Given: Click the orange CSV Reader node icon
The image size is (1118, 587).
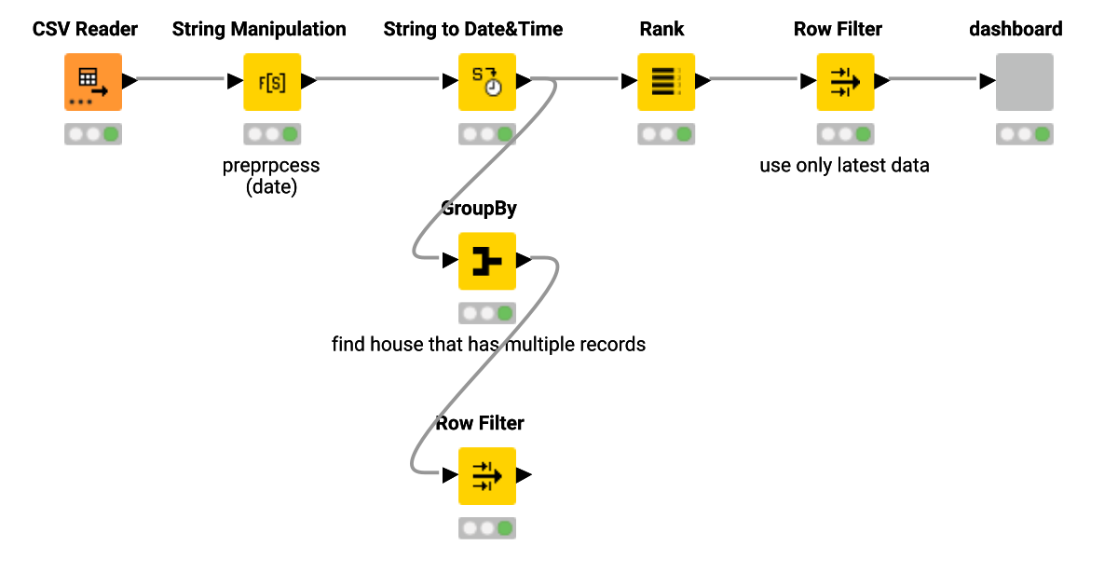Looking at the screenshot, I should (92, 82).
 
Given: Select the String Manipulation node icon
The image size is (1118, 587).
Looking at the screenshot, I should (272, 82).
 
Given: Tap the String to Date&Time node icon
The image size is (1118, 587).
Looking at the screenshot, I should (486, 82).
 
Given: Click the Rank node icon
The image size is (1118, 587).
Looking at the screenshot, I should (666, 82).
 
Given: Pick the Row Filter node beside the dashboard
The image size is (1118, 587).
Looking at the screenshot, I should (845, 82).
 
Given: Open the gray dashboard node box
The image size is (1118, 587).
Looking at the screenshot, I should (1024, 82).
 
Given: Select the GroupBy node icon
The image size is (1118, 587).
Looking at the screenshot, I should (486, 261).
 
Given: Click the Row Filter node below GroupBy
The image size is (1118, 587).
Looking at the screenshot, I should (486, 475).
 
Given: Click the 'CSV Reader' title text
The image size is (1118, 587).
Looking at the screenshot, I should (85, 29).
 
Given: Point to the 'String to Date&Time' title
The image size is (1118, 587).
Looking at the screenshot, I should (473, 29).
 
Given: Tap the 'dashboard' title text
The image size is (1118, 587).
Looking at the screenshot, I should (1016, 29).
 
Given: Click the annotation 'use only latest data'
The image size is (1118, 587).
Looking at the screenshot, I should (844, 166).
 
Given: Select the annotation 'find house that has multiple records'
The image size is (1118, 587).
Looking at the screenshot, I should (488, 345).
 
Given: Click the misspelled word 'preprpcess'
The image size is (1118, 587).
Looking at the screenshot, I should (271, 166).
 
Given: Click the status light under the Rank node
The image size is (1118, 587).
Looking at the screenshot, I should (666, 134).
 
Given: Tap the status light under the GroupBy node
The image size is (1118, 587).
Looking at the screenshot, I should (486, 313).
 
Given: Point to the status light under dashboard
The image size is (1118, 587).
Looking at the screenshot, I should (1024, 134).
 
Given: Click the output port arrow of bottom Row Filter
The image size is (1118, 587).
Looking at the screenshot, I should (525, 475).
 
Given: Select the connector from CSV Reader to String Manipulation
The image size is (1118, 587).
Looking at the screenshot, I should (182, 80).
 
